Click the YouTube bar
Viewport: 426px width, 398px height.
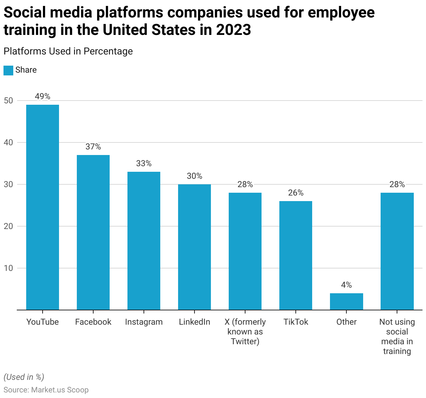point(43,207)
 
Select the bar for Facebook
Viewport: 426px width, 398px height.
point(93,232)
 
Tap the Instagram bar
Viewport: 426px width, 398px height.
point(144,241)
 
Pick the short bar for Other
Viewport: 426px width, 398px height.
point(346,301)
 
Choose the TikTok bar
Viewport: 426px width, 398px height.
point(296,255)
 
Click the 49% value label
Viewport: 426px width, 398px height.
point(43,96)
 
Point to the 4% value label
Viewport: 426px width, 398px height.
point(346,285)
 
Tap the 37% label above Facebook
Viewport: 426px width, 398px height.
point(93,147)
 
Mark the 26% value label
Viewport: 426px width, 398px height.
point(296,193)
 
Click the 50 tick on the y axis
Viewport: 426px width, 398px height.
point(8,101)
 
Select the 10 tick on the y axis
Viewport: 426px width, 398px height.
point(8,268)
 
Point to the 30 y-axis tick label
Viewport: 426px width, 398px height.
point(8,184)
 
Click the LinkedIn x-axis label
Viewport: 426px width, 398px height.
point(194,322)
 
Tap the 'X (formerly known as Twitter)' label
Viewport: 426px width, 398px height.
point(245,332)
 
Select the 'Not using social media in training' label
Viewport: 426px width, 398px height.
point(397,337)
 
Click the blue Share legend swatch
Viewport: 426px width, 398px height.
point(8,70)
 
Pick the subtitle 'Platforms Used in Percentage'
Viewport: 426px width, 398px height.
point(68,51)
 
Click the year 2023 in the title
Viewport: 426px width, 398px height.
point(233,30)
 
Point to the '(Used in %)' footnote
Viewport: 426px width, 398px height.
point(24,377)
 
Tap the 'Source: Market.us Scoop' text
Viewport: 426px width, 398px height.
point(46,390)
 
